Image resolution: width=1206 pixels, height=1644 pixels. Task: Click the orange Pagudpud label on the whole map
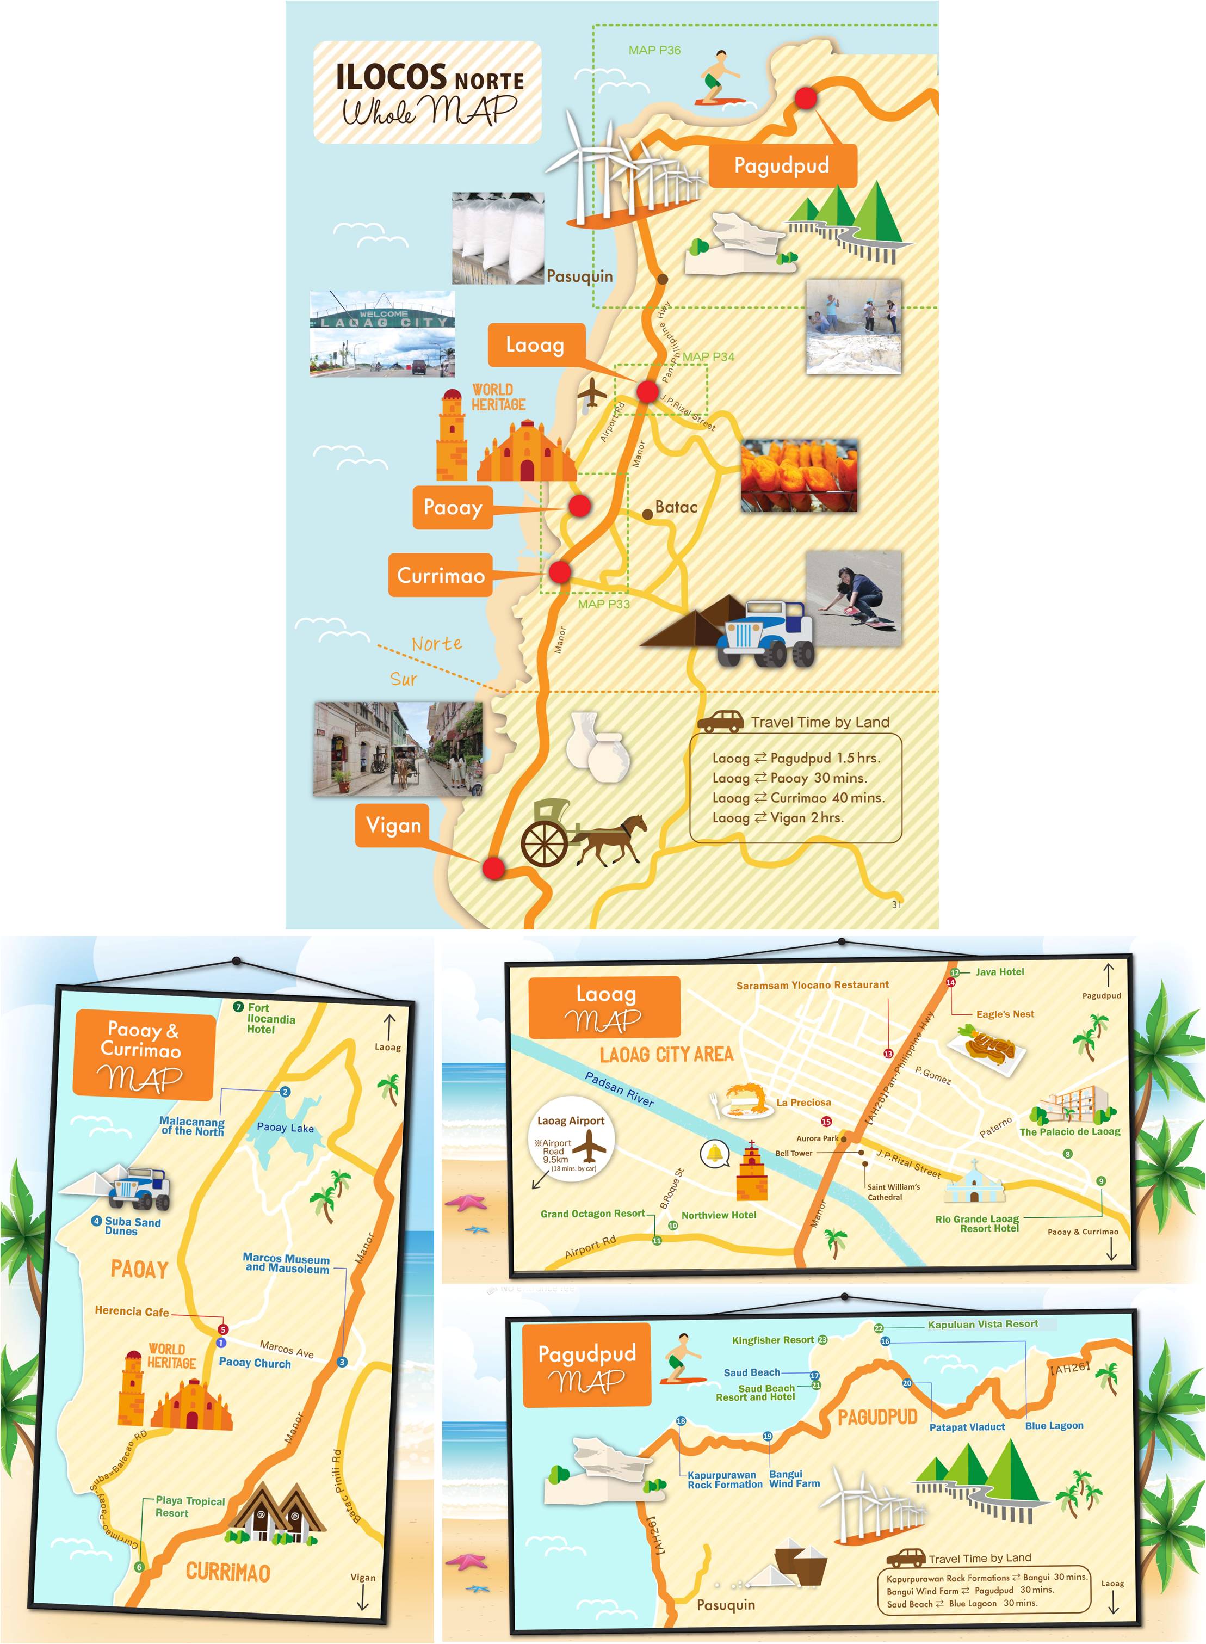click(781, 166)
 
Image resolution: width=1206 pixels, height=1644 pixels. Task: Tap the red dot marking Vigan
click(493, 869)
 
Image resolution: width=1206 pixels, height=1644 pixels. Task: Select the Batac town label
click(675, 507)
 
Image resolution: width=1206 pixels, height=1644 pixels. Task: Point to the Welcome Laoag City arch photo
click(382, 335)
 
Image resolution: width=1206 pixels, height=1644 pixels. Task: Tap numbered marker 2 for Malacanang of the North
click(285, 1092)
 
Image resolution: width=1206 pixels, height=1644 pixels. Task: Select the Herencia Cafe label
click(132, 1311)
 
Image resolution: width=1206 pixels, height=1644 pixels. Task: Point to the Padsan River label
click(619, 1089)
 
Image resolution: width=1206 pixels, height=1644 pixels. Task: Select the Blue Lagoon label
click(1054, 1426)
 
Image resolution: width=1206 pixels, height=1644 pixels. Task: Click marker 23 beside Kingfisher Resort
click(822, 1340)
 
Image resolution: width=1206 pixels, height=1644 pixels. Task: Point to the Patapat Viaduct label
click(967, 1427)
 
